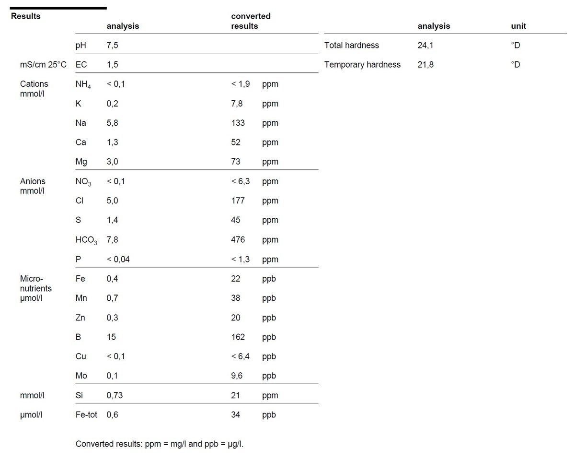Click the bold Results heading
click(x=25, y=16)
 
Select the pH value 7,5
click(x=112, y=45)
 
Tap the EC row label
click(x=81, y=64)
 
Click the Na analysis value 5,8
click(x=112, y=123)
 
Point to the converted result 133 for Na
click(x=238, y=123)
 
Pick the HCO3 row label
click(x=86, y=240)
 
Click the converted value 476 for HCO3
click(x=238, y=239)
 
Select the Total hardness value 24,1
click(x=425, y=45)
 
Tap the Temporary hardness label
click(x=362, y=64)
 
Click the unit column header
click(x=518, y=26)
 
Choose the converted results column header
click(x=251, y=21)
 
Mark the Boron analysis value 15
click(x=111, y=337)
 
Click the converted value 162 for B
click(x=238, y=337)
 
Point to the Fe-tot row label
click(x=86, y=414)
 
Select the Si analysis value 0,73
click(x=115, y=395)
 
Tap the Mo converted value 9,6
click(x=237, y=376)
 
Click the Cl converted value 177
click(x=238, y=201)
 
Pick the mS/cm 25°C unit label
click(x=43, y=64)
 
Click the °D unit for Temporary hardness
click(x=515, y=64)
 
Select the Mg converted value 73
click(x=236, y=162)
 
